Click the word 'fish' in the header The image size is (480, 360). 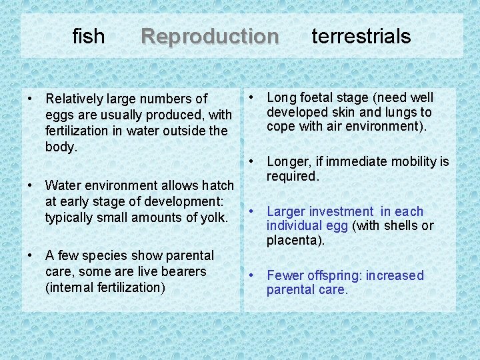click(88, 36)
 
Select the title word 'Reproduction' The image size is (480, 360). click(210, 36)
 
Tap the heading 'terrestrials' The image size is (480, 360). click(361, 36)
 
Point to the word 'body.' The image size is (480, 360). click(61, 147)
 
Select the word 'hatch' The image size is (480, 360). click(217, 185)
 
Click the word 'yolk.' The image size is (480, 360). click(213, 217)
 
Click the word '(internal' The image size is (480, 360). click(70, 287)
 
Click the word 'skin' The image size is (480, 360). click(352, 112)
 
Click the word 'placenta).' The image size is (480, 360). click(295, 240)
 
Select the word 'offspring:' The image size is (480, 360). click(334, 275)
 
